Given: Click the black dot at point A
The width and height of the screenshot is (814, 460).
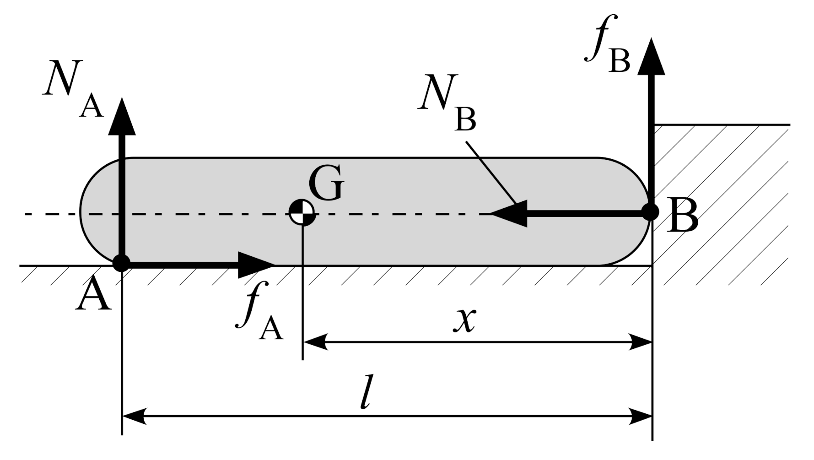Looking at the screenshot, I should tap(121, 263).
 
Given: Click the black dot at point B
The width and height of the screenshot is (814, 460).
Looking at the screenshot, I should tap(650, 212).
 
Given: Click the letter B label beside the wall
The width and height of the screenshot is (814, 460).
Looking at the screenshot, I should tap(682, 216).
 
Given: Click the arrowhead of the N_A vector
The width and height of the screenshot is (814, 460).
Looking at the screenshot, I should tap(122, 117).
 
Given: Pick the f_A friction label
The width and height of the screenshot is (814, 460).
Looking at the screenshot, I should tap(259, 316).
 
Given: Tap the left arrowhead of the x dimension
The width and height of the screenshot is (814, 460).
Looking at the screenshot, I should tap(316, 341).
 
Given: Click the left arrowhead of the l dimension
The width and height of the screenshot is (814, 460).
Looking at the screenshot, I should tap(135, 417).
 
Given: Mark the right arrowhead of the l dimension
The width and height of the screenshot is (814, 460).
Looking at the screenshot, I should tap(640, 417).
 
